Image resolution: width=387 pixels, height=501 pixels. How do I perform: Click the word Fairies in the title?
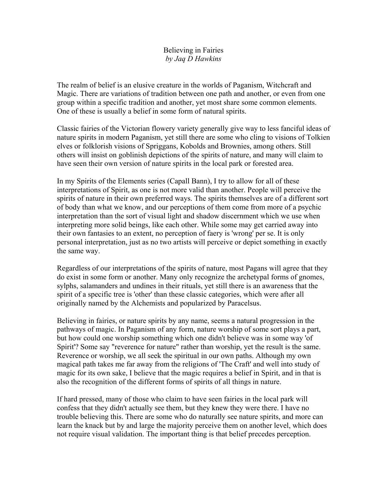[x=212, y=50]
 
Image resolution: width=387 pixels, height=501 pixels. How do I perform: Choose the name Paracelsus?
[x=244, y=304]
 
